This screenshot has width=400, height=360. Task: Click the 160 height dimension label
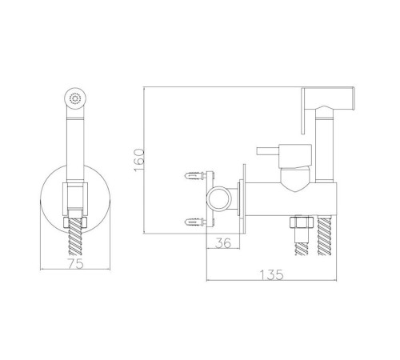[x=140, y=160]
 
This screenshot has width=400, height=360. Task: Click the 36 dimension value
[x=223, y=243]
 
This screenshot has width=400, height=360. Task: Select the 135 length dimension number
[x=271, y=274]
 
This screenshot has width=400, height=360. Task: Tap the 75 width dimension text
[x=75, y=263]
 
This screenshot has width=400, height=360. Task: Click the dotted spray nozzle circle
[x=75, y=98]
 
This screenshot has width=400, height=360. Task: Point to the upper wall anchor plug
[x=195, y=176]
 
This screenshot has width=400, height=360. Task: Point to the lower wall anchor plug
[x=195, y=222]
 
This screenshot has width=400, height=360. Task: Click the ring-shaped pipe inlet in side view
[x=218, y=198]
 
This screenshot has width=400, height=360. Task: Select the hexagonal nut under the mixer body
[x=302, y=222]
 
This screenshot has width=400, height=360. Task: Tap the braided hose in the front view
[x=75, y=236]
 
